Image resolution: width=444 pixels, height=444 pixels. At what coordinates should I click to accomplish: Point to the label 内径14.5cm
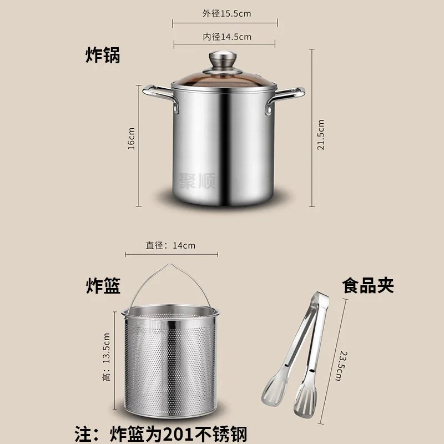point(225,37)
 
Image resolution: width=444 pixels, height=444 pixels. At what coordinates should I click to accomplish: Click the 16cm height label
point(132,138)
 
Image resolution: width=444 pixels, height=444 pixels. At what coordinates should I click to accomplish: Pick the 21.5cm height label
point(321,130)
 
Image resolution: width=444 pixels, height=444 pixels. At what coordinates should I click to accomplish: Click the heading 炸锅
point(102,55)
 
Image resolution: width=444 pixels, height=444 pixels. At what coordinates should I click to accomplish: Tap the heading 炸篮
point(103,286)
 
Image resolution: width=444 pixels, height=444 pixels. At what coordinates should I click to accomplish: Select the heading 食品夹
point(368,286)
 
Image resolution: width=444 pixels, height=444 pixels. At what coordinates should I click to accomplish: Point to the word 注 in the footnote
point(82,432)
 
